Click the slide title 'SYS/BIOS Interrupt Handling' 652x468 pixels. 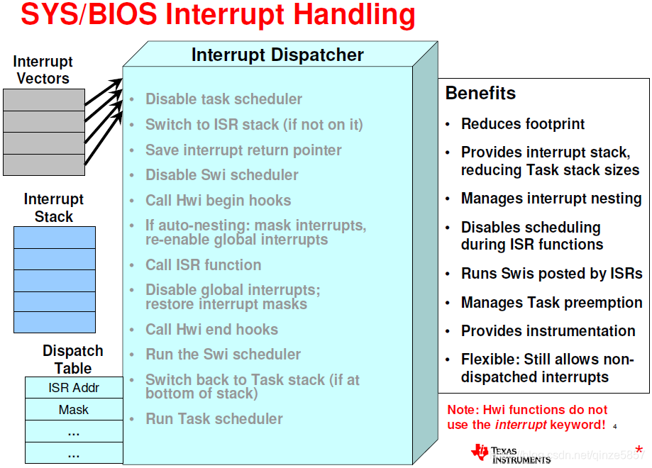point(218,15)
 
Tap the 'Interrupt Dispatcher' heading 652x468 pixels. point(277,55)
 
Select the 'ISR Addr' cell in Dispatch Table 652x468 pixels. point(74,388)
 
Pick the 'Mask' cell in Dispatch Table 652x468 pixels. point(74,410)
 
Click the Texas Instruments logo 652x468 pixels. point(511,454)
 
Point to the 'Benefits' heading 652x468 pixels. point(480,93)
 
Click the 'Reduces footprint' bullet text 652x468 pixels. point(523,124)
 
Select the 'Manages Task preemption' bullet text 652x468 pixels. point(551,303)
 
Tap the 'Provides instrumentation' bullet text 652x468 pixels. point(548,331)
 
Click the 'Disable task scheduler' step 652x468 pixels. point(223,99)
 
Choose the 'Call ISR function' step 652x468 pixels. point(204,264)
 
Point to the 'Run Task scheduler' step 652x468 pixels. point(214,418)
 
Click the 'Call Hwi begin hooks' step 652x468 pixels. point(219,201)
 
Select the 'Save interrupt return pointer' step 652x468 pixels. point(243,150)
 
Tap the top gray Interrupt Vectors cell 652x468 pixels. point(44,100)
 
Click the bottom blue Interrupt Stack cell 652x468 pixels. point(55,322)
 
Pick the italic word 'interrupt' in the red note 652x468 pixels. point(521,425)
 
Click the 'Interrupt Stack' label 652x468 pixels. point(54,208)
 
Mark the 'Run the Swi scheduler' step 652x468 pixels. point(223,354)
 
